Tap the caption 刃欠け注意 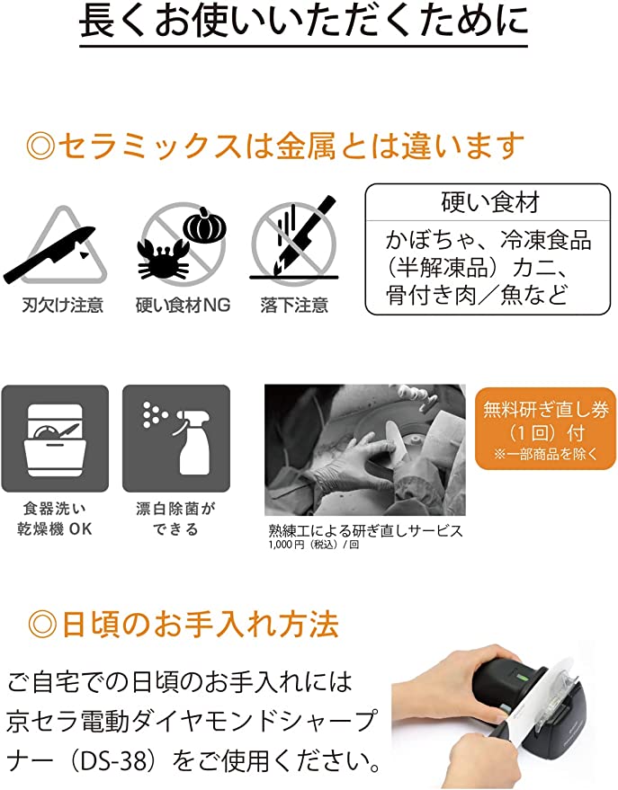click(x=62, y=306)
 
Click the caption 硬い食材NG click(x=183, y=306)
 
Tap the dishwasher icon click(x=55, y=439)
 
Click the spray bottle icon click(x=176, y=439)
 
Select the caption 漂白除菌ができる click(x=175, y=519)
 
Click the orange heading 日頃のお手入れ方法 click(x=184, y=622)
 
